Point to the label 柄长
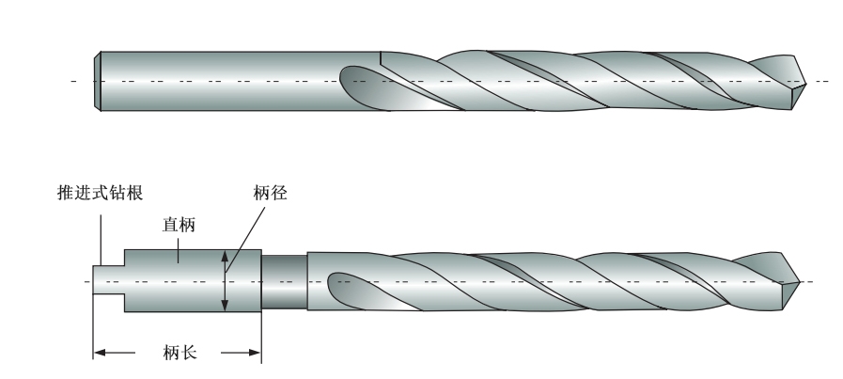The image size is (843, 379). click(x=179, y=354)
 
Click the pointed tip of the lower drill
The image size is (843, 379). click(x=798, y=280)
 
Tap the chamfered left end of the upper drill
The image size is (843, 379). click(x=99, y=81)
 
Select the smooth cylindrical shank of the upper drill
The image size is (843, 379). click(x=235, y=81)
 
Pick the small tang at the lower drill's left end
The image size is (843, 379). click(x=109, y=280)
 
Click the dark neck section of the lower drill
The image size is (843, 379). click(x=284, y=280)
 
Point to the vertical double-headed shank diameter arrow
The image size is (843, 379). click(x=224, y=280)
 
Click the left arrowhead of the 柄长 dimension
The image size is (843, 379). click(x=98, y=354)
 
